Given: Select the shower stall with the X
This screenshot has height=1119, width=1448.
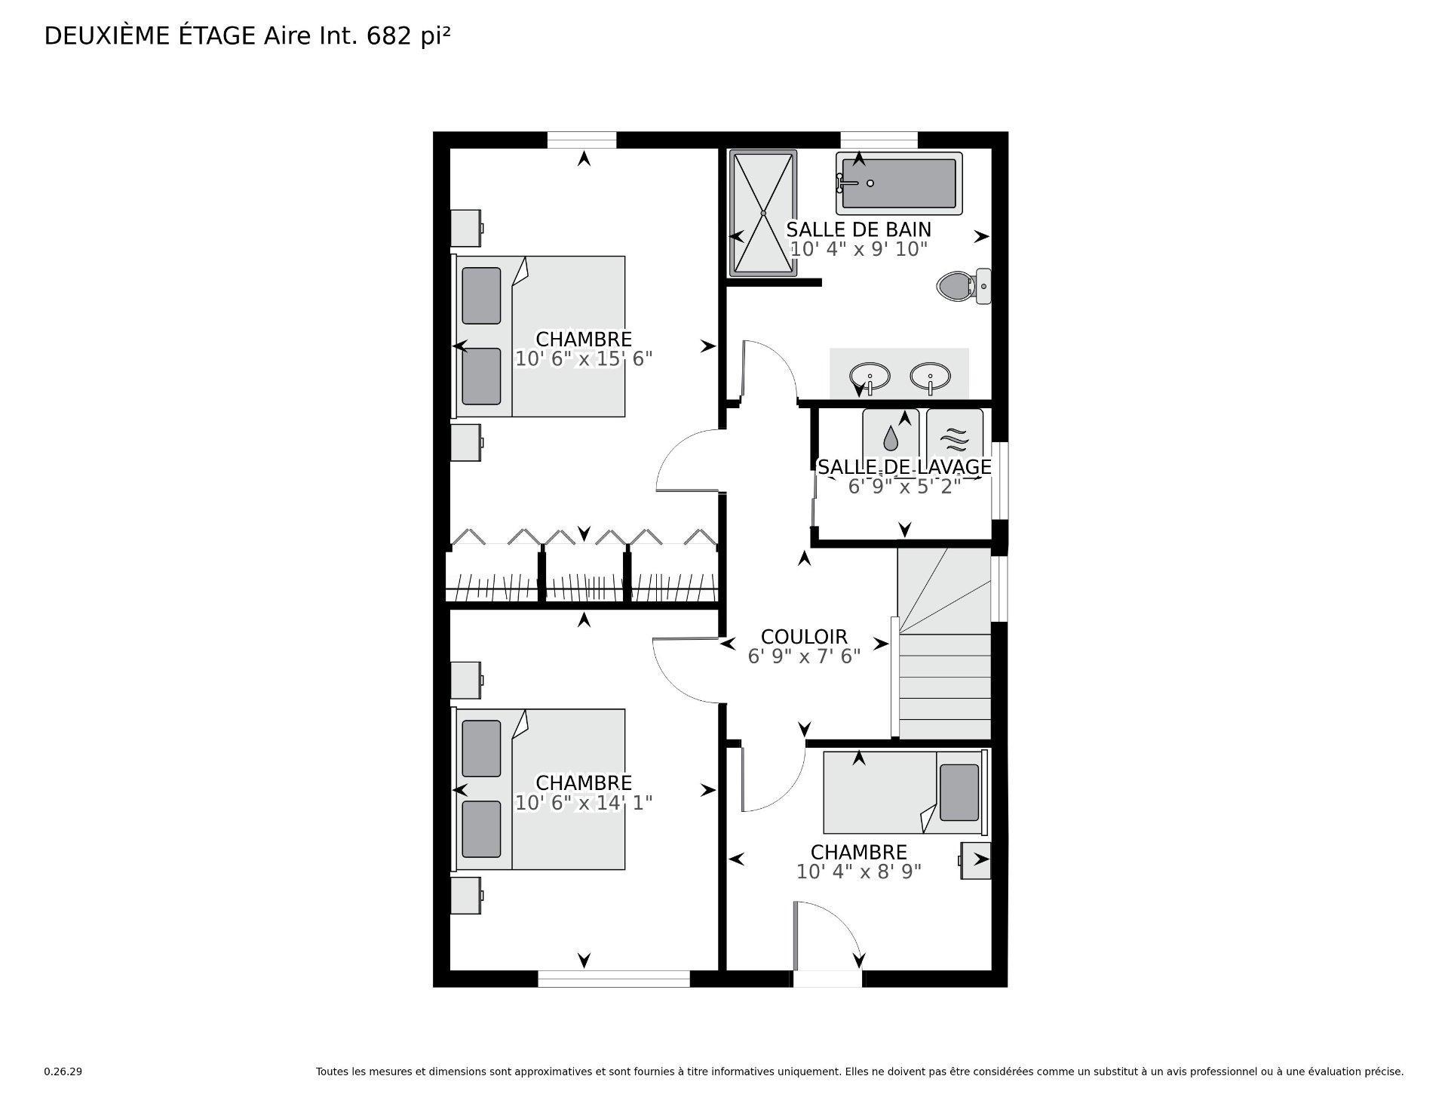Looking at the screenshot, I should (x=762, y=214).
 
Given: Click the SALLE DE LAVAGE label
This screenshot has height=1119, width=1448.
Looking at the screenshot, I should (x=904, y=467).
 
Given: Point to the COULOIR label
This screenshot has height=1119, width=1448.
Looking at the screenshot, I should (x=804, y=637).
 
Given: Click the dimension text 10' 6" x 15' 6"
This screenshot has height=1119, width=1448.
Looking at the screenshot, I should (x=584, y=359).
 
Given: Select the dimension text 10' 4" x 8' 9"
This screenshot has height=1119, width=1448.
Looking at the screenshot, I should (x=859, y=872).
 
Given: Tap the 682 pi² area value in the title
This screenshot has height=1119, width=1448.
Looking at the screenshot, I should (x=408, y=36).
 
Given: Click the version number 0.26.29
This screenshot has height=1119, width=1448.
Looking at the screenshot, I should (x=63, y=1071).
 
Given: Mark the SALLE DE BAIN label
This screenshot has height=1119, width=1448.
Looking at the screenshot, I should (x=859, y=229).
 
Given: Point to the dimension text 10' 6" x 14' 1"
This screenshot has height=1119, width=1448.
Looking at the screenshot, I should (x=584, y=803).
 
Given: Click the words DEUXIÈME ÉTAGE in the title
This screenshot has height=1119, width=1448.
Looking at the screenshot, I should (x=150, y=36).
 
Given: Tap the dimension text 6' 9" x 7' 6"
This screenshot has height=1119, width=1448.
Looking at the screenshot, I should (x=804, y=657).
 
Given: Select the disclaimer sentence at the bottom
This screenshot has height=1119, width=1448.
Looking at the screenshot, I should (x=859, y=1071).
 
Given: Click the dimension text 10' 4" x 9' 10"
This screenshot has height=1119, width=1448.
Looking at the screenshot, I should (x=859, y=249).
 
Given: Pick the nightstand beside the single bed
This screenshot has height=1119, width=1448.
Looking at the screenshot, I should (x=975, y=860).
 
